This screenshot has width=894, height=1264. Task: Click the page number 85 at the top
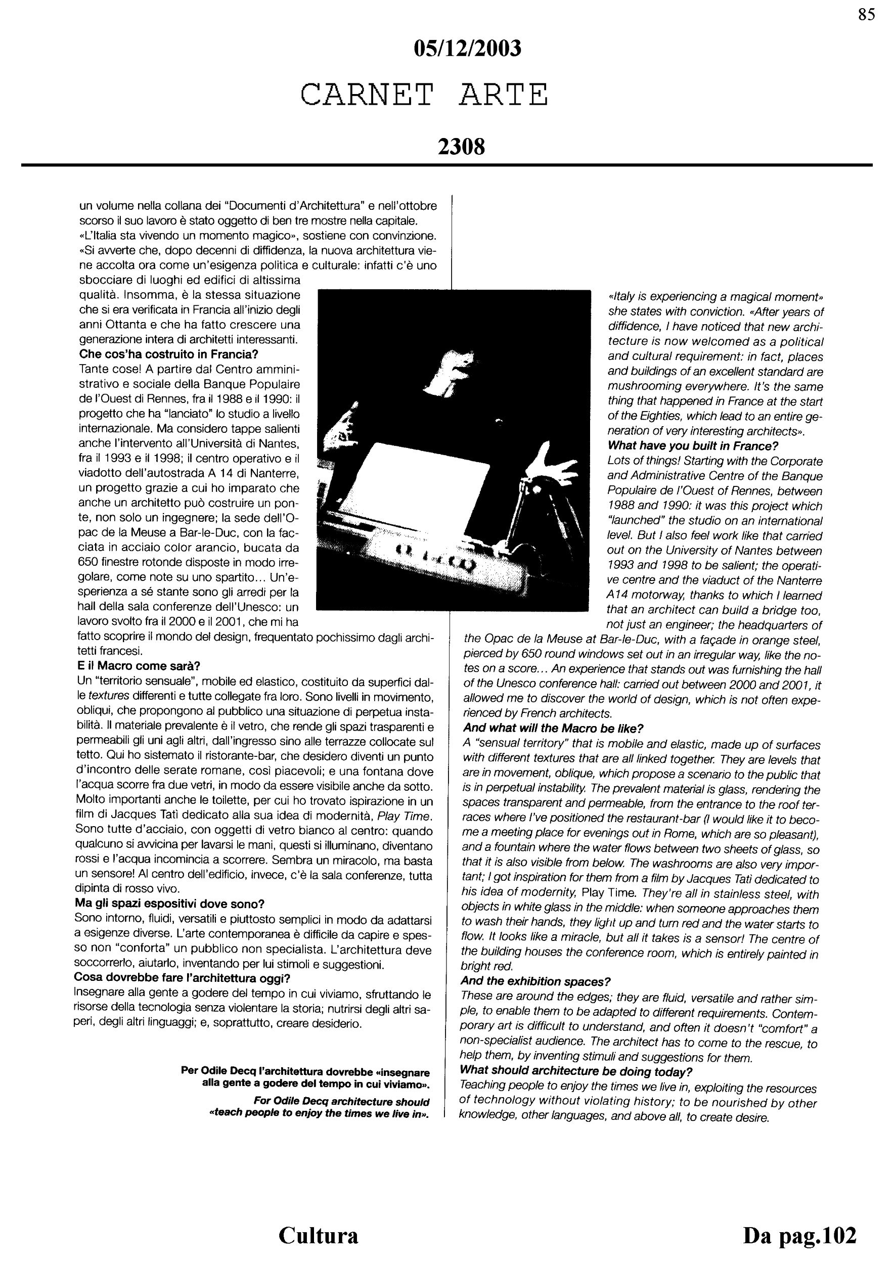[x=867, y=15]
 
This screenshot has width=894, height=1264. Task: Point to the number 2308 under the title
[x=461, y=147]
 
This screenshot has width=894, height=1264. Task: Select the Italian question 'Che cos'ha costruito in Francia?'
[x=169, y=353]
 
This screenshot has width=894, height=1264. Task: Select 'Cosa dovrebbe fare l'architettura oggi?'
[x=182, y=978]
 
